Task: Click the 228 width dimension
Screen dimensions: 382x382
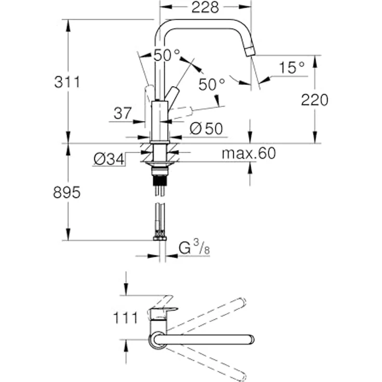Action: click(x=205, y=8)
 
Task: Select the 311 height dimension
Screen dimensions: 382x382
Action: click(x=67, y=82)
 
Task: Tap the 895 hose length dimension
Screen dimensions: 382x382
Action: click(x=66, y=193)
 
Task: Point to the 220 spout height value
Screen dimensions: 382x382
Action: click(x=315, y=100)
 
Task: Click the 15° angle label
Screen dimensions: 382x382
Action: click(x=292, y=67)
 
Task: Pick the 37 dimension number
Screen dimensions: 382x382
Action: click(x=122, y=113)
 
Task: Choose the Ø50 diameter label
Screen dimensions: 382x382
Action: click(x=206, y=128)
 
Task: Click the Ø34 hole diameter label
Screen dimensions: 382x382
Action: click(x=109, y=159)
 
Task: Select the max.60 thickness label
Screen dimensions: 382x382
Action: click(x=249, y=153)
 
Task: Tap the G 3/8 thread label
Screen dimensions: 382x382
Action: click(x=194, y=247)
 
